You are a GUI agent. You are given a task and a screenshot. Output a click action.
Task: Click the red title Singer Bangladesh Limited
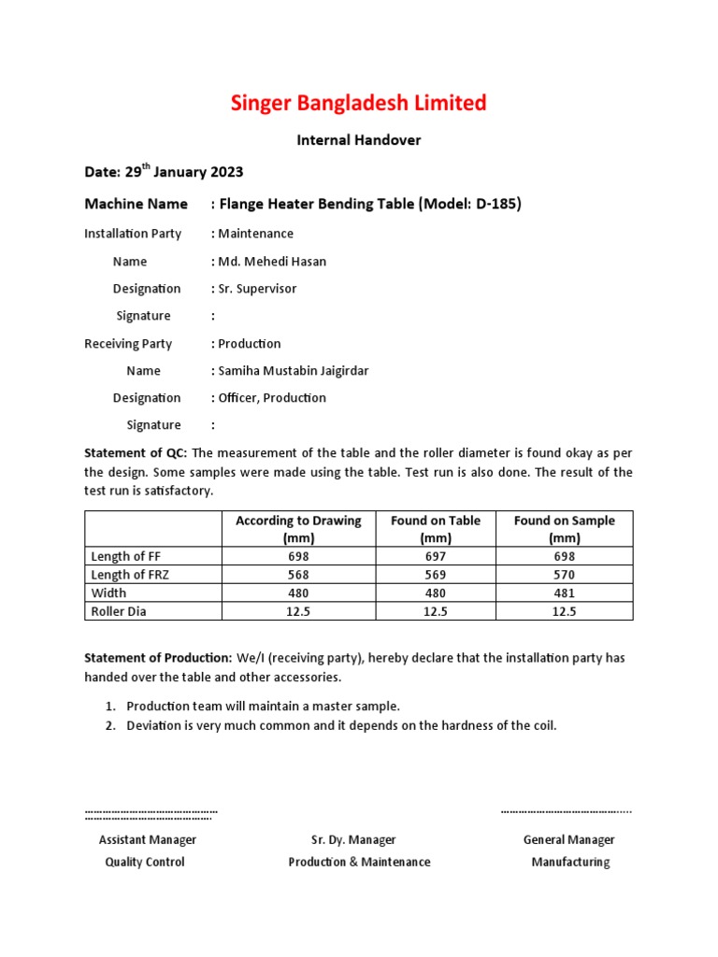pos(359,103)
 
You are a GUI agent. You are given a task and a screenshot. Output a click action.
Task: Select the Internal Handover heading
pos(359,140)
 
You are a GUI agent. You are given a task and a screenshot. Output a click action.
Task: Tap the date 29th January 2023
pos(184,172)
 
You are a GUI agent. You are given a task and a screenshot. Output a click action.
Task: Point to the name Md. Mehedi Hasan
pos(272,262)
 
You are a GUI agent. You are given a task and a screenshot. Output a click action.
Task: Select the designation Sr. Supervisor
pos(257,289)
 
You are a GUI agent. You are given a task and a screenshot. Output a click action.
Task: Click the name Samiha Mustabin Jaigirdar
pos(293,371)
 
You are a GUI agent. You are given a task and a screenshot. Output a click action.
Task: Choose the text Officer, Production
pos(272,398)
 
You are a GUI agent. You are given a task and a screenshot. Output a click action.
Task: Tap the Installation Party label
pos(133,234)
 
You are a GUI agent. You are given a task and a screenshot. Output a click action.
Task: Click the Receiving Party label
pos(128,344)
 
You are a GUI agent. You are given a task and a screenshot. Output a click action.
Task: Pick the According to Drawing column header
pos(298,529)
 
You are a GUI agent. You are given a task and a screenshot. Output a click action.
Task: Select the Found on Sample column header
pos(564,529)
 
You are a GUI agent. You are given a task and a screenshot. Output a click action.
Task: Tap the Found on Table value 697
pos(435,556)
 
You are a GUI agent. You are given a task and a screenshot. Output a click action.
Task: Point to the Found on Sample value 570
pos(564,575)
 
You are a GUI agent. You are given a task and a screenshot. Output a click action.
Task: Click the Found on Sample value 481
pos(564,593)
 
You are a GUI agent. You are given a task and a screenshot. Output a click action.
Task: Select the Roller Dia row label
pos(119,611)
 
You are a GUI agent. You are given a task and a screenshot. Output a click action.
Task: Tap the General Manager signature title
pos(569,840)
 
